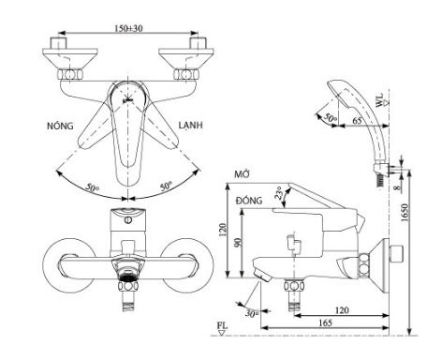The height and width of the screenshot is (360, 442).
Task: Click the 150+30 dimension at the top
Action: coord(128,28)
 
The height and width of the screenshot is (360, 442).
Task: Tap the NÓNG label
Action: coord(60,126)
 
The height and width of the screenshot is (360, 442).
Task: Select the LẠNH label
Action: coord(190,125)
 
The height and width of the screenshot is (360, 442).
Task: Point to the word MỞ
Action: coord(243,174)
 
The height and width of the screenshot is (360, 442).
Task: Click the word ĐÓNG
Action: coord(249,200)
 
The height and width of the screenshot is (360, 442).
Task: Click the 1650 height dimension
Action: coord(405,213)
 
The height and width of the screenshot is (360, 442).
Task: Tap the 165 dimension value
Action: coord(325,322)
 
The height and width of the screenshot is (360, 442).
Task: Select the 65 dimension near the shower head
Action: coord(357,120)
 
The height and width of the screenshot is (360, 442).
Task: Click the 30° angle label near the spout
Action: coord(252,313)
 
